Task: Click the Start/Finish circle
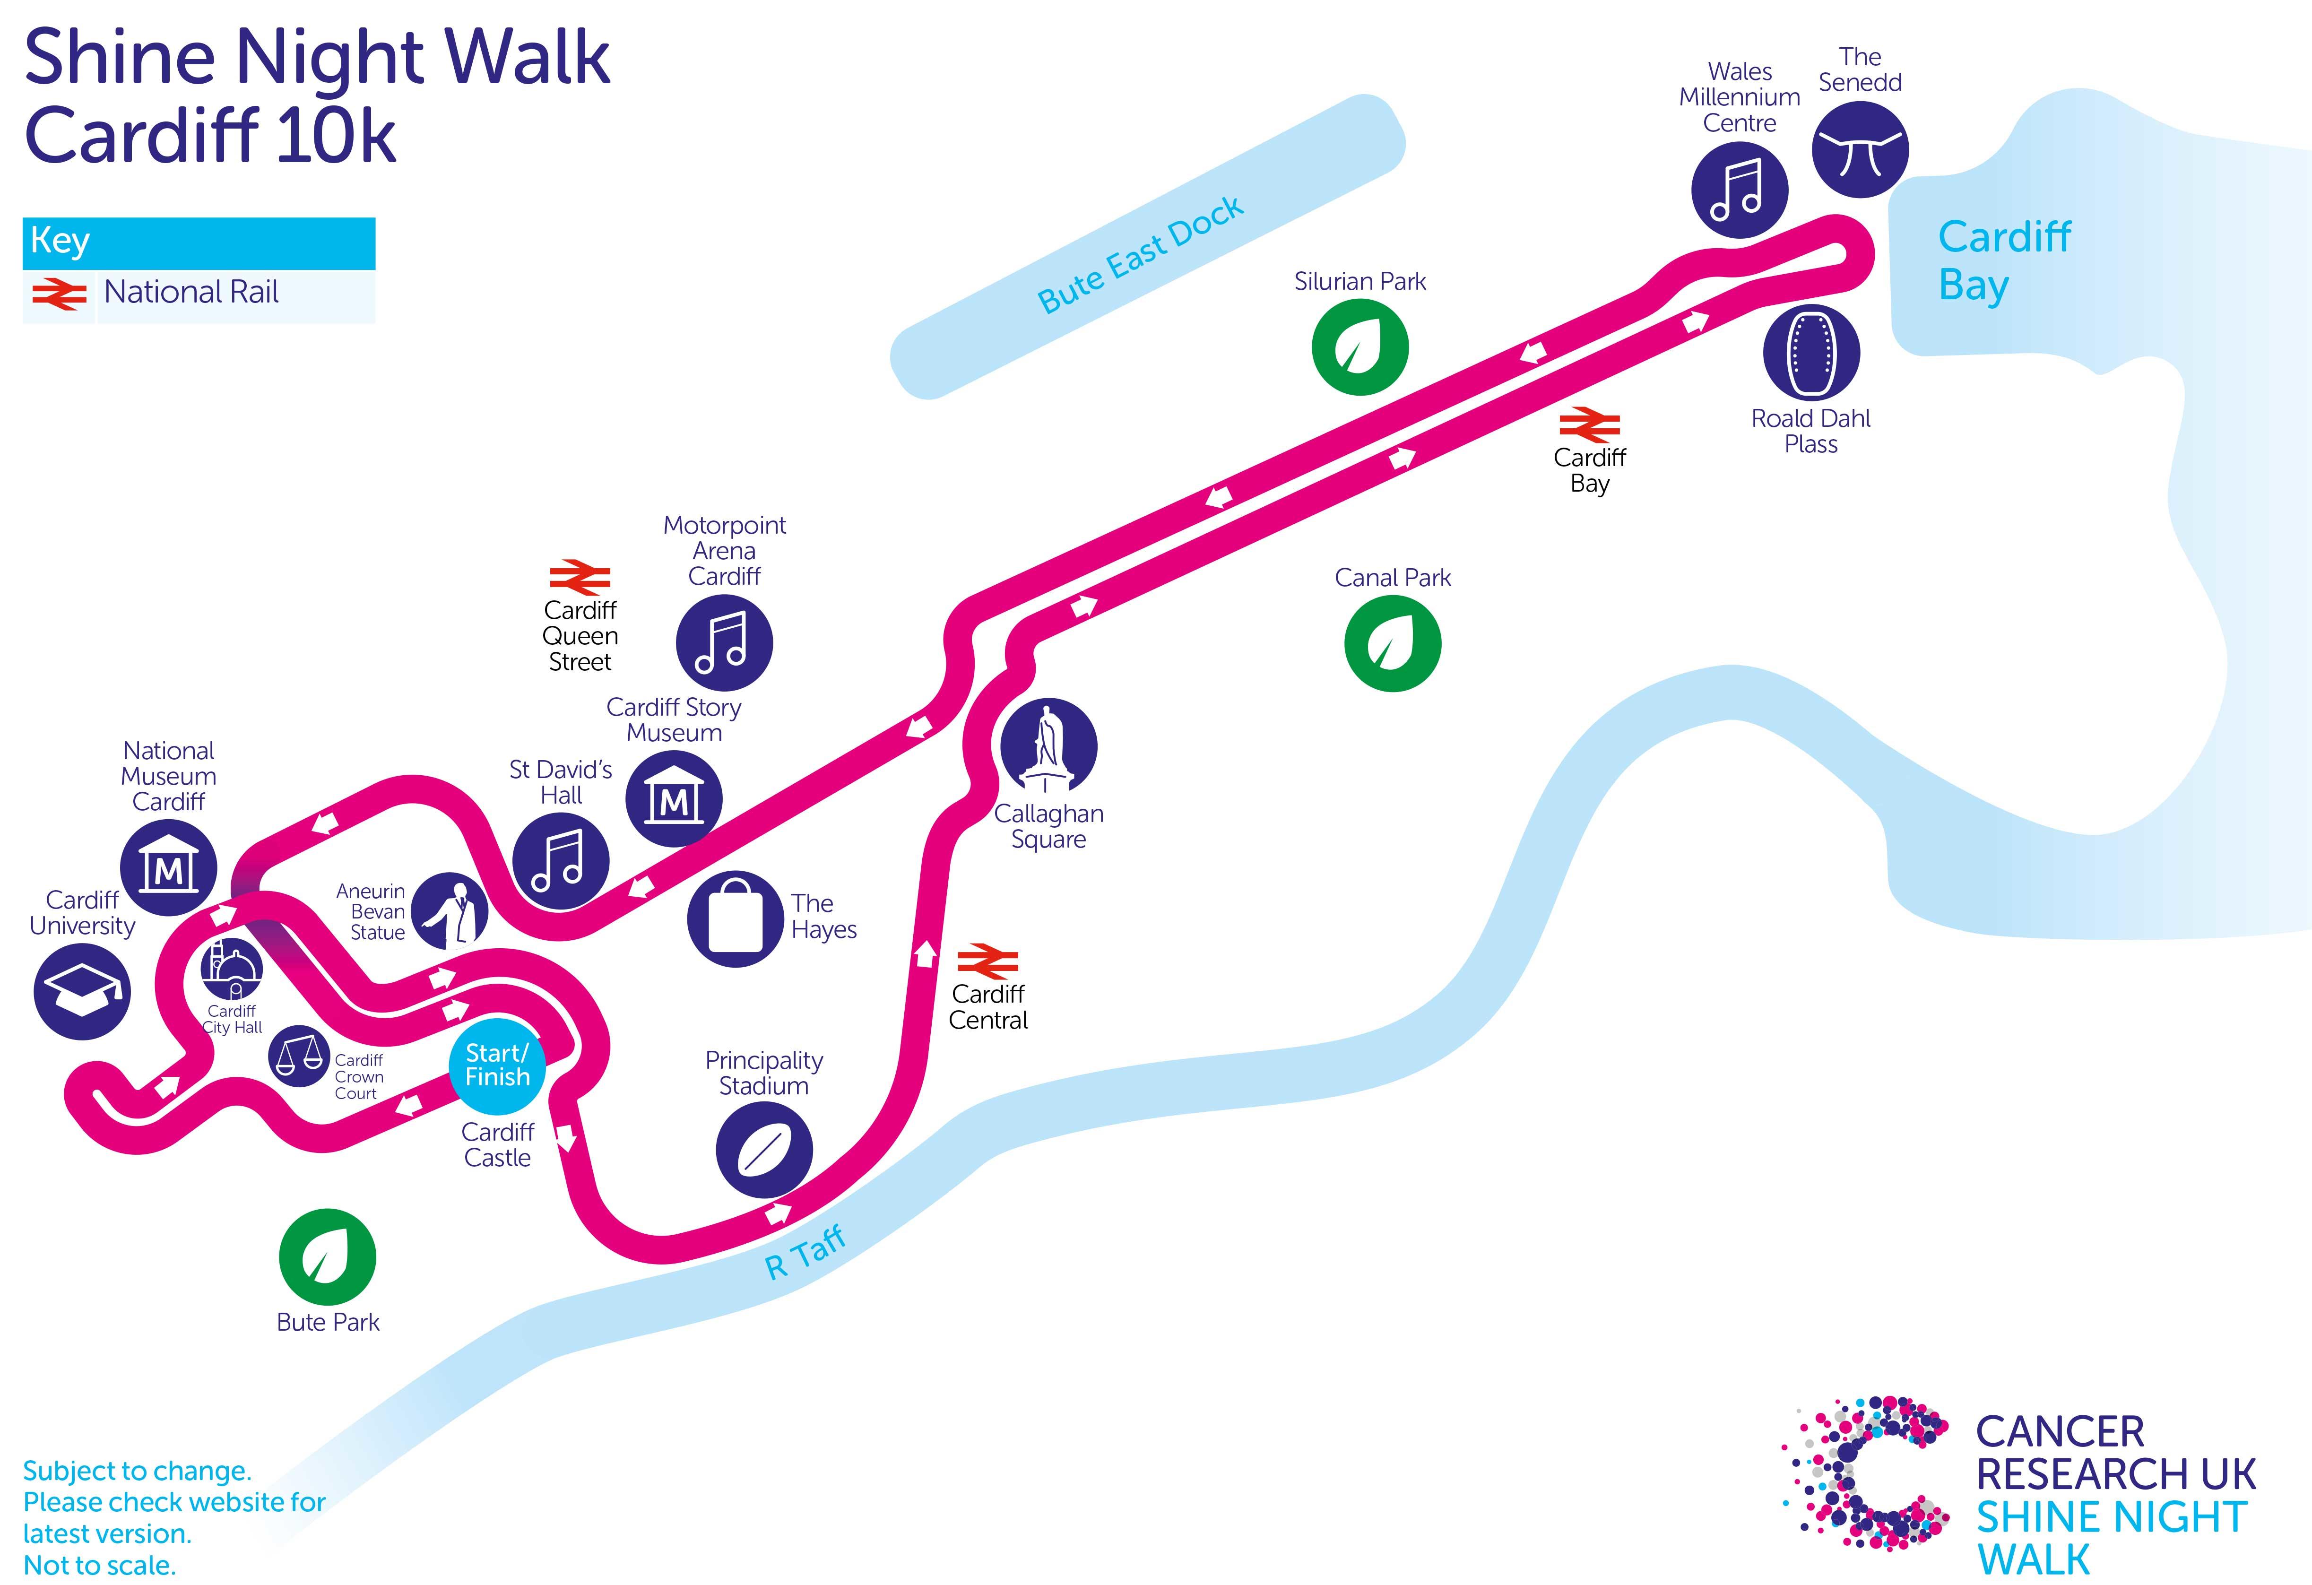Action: [497, 1065]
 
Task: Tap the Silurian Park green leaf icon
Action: [1360, 347]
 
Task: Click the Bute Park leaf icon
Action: [327, 1256]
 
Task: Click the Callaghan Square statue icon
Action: [1048, 746]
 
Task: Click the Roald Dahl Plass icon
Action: [1810, 352]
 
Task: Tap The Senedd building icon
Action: [1859, 149]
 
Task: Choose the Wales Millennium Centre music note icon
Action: [1739, 190]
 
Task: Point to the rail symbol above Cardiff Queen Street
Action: [580, 578]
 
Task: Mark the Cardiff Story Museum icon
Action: [674, 799]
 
